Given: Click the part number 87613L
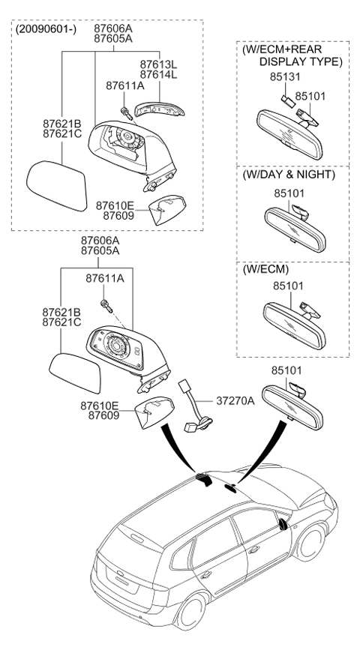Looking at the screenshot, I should coord(157,64).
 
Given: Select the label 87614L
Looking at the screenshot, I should coord(157,76).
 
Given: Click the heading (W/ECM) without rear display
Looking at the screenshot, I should coord(265,268).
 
